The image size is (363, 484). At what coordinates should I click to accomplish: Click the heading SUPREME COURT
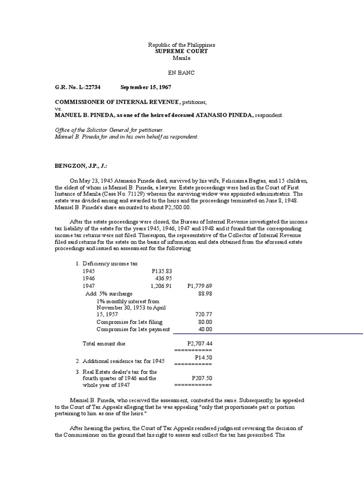point(181,51)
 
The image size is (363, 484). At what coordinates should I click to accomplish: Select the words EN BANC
point(181,73)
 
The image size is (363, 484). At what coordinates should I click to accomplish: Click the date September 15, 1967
point(146,87)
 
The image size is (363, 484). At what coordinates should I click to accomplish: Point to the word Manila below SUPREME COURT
point(181,58)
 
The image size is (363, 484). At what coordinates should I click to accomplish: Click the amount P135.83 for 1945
point(162,271)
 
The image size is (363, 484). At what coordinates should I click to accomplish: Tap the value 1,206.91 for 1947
point(161,286)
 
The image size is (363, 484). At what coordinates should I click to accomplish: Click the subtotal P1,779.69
point(199,286)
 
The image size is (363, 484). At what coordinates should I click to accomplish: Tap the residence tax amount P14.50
point(203,358)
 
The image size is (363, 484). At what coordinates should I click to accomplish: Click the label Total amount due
point(104,343)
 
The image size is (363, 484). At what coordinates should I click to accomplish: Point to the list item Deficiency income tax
point(110,263)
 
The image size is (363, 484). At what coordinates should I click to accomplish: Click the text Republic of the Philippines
point(181,44)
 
